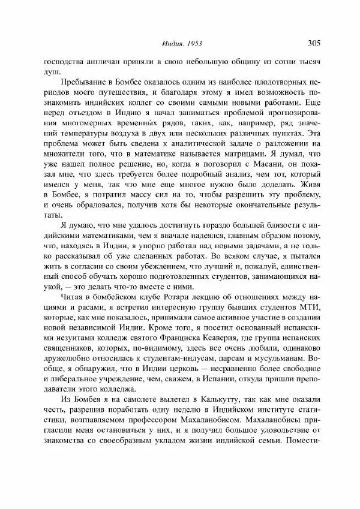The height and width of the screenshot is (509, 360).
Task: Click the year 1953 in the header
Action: point(194,43)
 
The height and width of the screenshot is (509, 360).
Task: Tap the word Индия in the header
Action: point(172,43)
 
